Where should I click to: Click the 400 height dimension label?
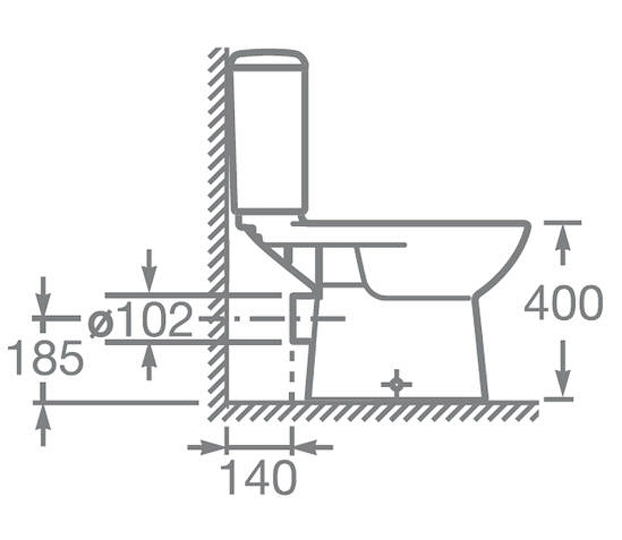[x=563, y=303]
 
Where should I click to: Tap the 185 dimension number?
[x=46, y=357]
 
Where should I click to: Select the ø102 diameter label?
[x=140, y=319]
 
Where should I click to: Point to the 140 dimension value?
[x=259, y=477]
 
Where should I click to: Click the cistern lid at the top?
[x=269, y=60]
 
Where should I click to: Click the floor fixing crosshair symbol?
[x=397, y=384]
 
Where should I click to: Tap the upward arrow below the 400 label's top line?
[x=562, y=244]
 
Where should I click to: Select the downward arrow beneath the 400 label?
[x=562, y=368]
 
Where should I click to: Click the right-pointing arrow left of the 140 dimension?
[x=206, y=448]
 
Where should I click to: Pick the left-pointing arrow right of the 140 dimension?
[x=313, y=448]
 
